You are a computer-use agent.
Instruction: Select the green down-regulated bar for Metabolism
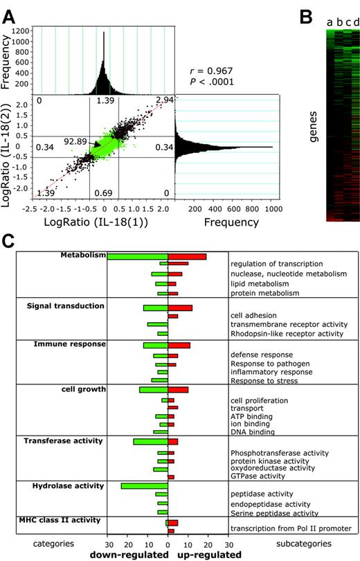coord(137,256)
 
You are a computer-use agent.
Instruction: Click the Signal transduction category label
coord(65,305)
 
